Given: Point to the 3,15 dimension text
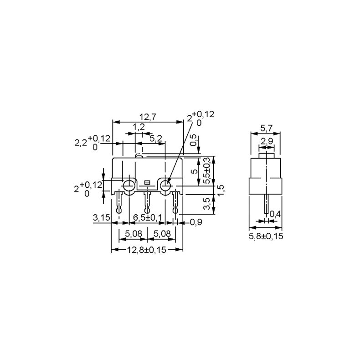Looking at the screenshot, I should [x=101, y=218].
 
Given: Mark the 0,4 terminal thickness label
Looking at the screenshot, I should [x=275, y=214].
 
